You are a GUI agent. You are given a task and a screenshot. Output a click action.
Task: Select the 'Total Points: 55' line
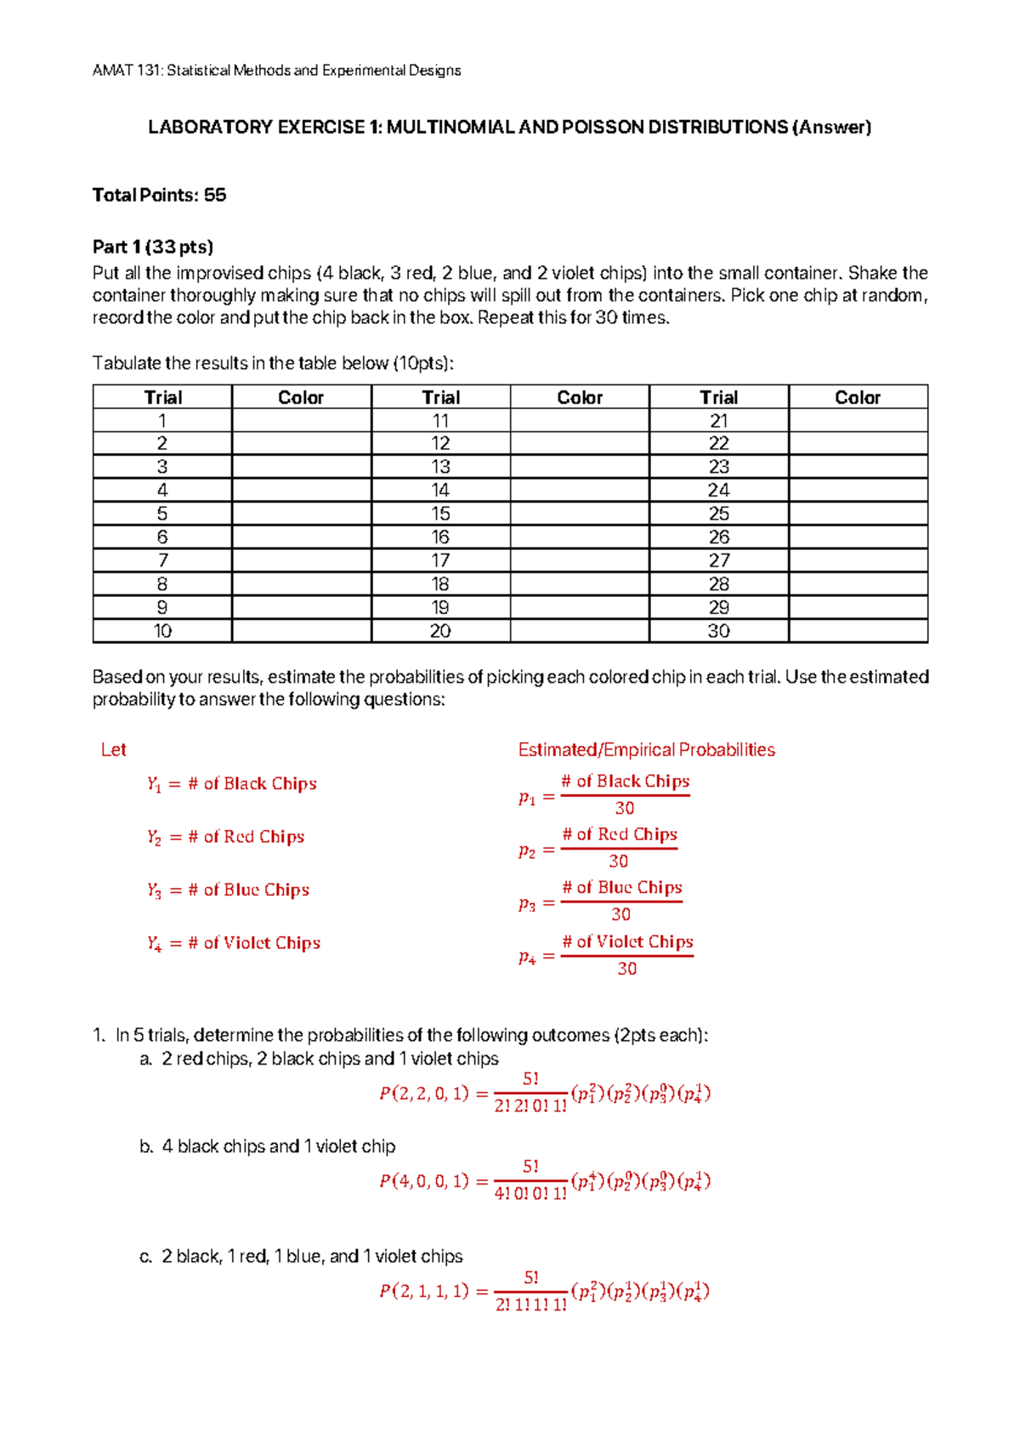coord(159,196)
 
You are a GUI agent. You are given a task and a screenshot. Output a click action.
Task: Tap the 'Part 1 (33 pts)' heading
coord(153,247)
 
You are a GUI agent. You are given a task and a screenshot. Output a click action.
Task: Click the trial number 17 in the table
coord(440,560)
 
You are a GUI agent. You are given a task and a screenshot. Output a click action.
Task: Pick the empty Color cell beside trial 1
coord(301,421)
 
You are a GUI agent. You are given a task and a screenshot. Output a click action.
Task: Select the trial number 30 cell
coord(718,631)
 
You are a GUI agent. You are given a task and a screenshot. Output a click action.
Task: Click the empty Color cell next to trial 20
coord(580,631)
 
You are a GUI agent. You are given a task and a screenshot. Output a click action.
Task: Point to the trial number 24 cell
coord(718,491)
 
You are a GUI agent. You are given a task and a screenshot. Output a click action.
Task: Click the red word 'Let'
coord(113,750)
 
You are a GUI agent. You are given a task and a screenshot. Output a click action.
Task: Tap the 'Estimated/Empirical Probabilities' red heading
coord(646,750)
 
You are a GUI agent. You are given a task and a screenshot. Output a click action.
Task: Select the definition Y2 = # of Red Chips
coord(225,838)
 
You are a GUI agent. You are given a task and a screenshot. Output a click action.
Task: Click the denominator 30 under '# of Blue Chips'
coord(621,915)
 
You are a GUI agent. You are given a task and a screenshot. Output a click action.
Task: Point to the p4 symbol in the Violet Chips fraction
coord(527,958)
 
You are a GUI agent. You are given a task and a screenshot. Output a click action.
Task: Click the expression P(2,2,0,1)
coord(424,1094)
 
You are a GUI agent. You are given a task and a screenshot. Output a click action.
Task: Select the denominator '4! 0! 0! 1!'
coord(530,1194)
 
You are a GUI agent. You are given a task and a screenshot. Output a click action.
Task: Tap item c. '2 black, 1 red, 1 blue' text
coord(312,1256)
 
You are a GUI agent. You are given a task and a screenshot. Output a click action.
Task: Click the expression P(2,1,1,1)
coord(424,1291)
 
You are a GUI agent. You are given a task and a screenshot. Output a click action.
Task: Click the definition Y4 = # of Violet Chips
coord(233,943)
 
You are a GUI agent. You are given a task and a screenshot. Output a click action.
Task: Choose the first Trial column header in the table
coord(162,397)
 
